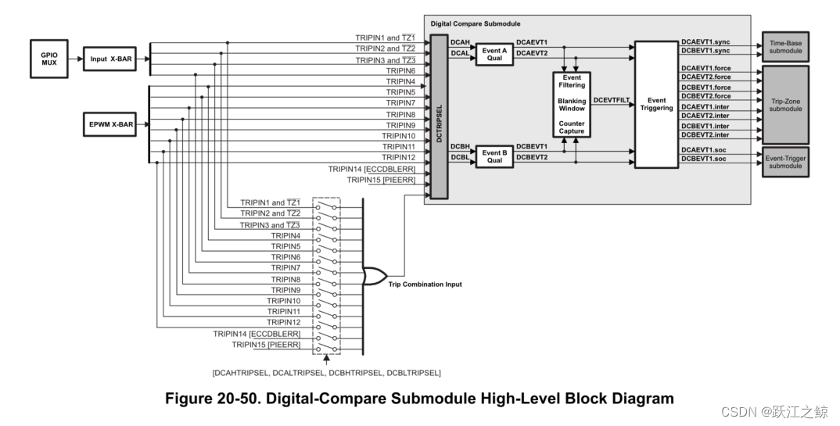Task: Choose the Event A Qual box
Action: tap(494, 53)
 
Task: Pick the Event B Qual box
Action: tap(494, 157)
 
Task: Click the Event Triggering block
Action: tap(656, 105)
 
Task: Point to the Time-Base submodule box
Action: tap(785, 49)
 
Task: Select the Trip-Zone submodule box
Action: tap(785, 104)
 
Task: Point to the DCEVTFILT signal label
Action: tap(612, 100)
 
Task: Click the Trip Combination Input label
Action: tap(425, 285)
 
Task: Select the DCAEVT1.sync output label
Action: tap(705, 41)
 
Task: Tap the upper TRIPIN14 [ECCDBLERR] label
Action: tap(377, 168)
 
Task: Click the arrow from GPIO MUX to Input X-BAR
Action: tap(74, 58)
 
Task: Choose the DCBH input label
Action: tap(460, 147)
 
